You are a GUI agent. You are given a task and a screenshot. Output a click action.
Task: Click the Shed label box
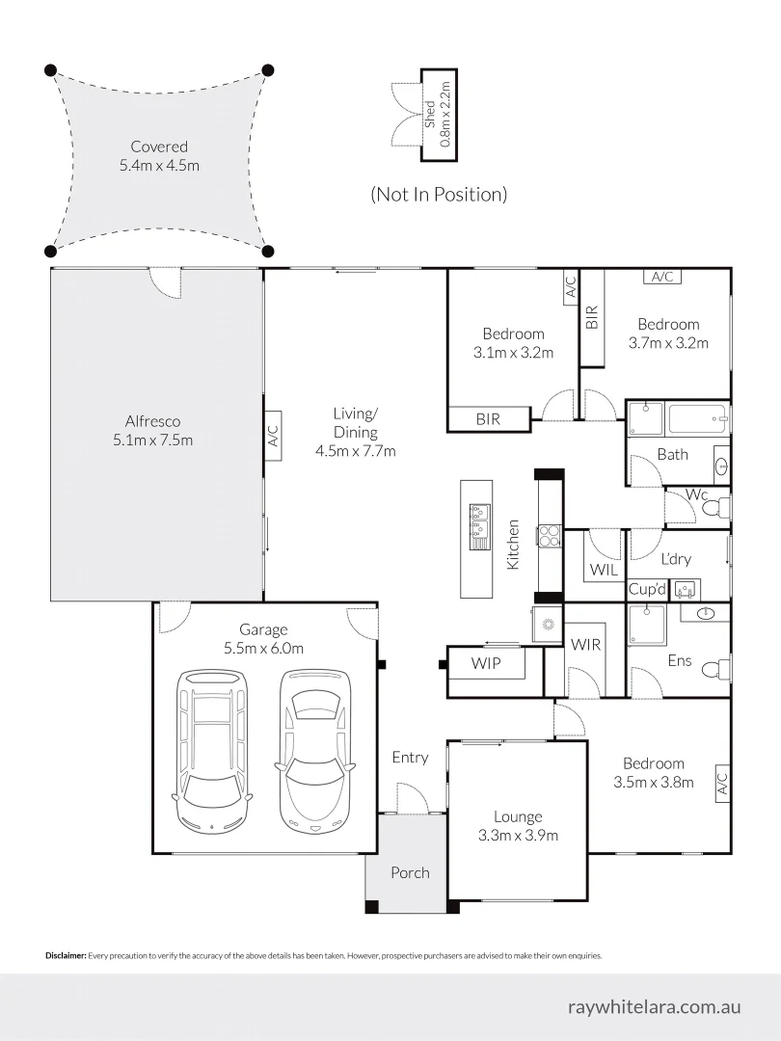pyautogui.click(x=438, y=115)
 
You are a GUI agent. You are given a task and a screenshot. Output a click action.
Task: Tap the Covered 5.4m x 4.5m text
pyautogui.click(x=159, y=156)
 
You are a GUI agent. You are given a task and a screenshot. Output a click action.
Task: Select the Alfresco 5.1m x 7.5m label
pyautogui.click(x=152, y=431)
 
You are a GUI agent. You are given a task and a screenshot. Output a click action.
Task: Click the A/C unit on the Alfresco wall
pyautogui.click(x=272, y=437)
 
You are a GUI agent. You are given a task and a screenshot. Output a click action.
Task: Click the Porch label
pyautogui.click(x=410, y=872)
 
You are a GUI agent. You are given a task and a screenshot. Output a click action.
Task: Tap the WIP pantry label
pyautogui.click(x=486, y=663)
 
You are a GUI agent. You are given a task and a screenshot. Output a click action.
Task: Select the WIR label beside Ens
pyautogui.click(x=585, y=644)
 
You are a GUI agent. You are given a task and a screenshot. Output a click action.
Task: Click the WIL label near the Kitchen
pyautogui.click(x=604, y=570)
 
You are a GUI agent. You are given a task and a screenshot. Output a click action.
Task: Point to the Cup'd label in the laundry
pyautogui.click(x=647, y=589)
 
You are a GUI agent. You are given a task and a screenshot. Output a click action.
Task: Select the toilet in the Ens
pyautogui.click(x=714, y=669)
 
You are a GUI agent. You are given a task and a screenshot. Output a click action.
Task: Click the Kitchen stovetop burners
pyautogui.click(x=549, y=535)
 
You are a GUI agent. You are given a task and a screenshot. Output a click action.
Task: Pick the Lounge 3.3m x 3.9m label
pyautogui.click(x=518, y=826)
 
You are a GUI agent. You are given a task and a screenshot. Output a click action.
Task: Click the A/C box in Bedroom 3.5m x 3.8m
pyautogui.click(x=721, y=785)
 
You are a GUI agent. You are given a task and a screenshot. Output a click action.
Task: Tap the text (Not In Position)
pyautogui.click(x=439, y=195)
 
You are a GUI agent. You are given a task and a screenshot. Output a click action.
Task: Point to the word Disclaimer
pyautogui.click(x=66, y=956)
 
